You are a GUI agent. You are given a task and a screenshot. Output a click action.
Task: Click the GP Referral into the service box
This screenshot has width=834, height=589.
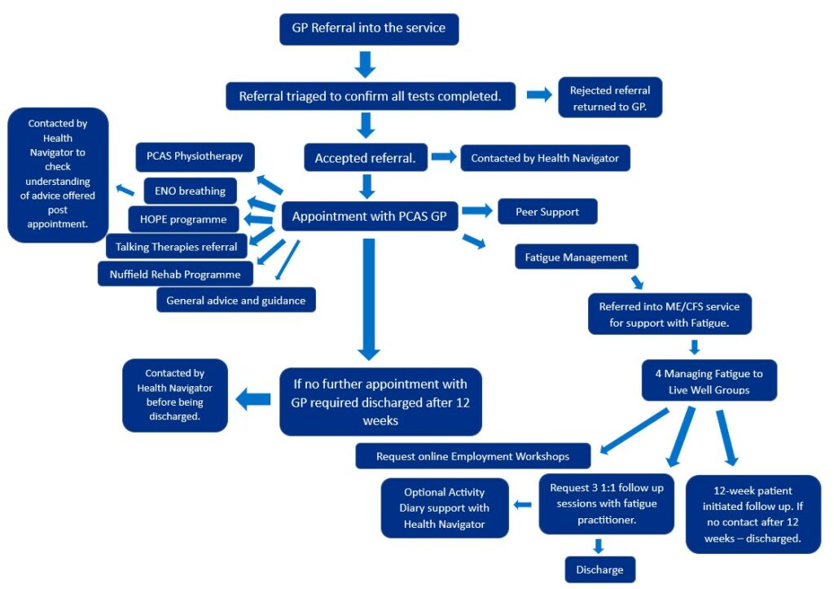369,29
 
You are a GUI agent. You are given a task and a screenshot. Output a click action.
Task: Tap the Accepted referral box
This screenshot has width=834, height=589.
365,158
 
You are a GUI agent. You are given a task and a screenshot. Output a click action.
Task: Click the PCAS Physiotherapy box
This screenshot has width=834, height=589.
195,156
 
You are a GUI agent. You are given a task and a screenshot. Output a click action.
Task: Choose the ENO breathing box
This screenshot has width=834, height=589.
190,191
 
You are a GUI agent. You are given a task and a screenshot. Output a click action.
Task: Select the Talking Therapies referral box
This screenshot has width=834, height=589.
176,246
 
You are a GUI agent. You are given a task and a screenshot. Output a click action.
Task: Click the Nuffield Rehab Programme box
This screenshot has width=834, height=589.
174,274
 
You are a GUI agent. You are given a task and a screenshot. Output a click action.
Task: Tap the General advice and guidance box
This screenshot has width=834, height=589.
235,300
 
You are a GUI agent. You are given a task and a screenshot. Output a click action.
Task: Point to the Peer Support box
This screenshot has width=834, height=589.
546,212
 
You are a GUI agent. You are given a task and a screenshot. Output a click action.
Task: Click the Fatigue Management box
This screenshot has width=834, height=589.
576,257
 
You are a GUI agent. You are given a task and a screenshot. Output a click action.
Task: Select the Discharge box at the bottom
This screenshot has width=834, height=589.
599,569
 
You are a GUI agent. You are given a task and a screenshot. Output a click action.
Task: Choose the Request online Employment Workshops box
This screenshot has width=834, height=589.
472,456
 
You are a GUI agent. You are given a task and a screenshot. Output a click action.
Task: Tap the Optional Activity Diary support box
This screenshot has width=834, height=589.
444,508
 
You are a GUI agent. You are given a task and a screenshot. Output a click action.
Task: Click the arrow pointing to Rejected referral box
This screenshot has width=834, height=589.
538,95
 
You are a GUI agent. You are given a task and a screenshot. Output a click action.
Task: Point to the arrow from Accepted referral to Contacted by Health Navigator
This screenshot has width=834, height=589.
443,156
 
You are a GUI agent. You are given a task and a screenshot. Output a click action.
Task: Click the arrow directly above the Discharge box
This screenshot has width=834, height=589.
599,545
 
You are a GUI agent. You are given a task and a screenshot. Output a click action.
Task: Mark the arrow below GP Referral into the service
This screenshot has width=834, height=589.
366,64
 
